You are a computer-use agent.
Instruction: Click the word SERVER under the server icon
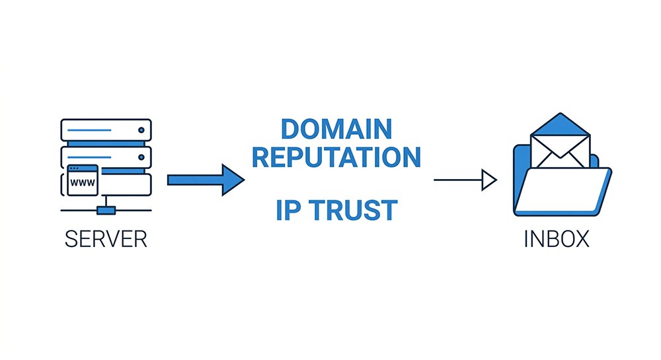click(106, 238)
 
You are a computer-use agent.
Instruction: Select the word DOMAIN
click(336, 129)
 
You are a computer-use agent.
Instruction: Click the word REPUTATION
click(337, 157)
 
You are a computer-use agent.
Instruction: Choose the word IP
click(286, 210)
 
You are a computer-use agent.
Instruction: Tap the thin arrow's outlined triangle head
click(489, 180)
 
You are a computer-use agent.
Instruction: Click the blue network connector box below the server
click(106, 210)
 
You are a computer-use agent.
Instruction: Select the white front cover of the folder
click(562, 195)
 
